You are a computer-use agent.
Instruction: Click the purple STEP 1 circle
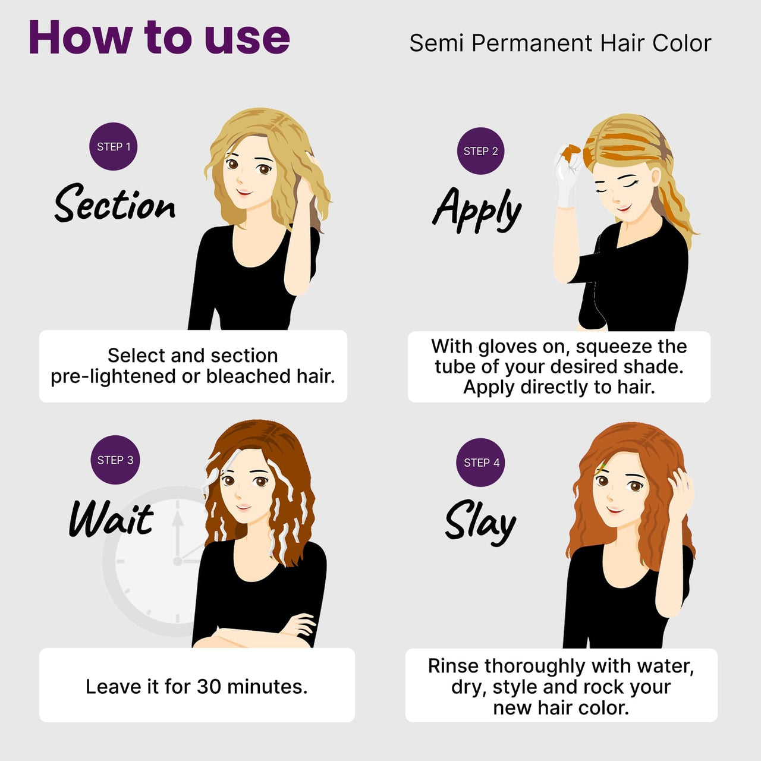(114, 146)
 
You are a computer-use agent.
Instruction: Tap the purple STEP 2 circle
(480, 151)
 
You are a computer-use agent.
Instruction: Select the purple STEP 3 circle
(115, 460)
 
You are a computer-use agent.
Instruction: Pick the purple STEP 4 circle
(480, 463)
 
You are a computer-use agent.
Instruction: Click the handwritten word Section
(115, 203)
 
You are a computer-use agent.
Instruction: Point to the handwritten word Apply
(477, 209)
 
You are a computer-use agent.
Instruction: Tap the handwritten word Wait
(111, 518)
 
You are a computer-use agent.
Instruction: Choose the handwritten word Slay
(480, 522)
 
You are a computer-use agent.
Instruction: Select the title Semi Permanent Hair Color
(560, 43)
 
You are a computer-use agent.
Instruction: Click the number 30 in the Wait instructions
(209, 686)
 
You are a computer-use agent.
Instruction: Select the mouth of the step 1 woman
(244, 192)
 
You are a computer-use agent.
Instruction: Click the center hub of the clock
(178, 561)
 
